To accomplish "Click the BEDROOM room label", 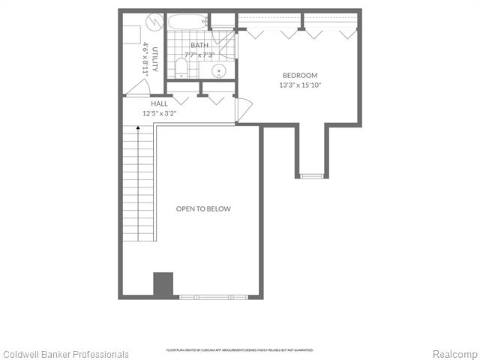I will (300, 75).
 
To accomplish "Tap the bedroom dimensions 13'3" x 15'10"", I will (300, 85).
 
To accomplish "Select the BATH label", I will (199, 46).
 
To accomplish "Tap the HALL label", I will (159, 104).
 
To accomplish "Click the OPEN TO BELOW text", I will (203, 208).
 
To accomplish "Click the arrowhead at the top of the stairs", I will (139, 129).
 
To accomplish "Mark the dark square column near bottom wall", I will (163, 284).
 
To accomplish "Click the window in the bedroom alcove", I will (310, 176).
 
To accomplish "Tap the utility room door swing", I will (136, 89).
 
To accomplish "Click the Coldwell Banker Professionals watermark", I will (66, 354).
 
